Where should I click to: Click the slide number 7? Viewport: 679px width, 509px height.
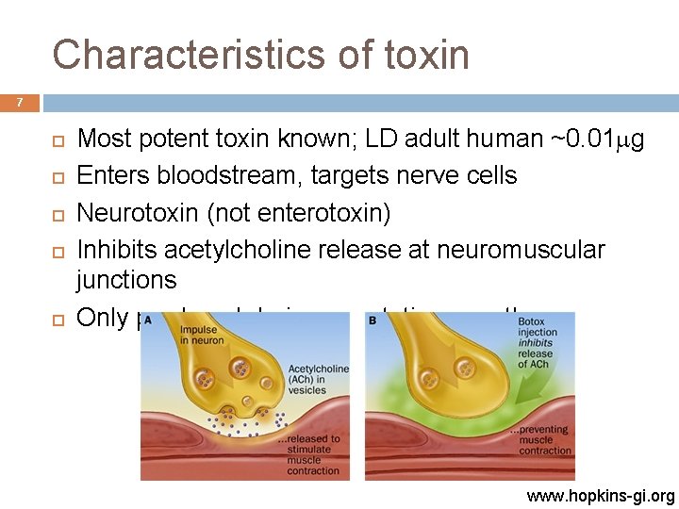point(19,102)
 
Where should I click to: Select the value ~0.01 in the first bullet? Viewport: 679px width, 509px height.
point(588,140)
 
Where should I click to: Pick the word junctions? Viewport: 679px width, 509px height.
point(126,280)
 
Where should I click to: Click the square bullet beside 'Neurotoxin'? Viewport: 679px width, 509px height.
point(57,214)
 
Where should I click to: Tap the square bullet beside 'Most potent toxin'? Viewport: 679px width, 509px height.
point(57,140)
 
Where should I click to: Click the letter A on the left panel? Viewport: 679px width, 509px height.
point(149,320)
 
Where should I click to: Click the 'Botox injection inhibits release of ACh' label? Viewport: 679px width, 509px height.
point(538,344)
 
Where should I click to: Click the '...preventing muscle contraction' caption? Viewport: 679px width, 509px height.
point(539,440)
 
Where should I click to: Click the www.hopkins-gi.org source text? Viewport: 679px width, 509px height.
point(602,496)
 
